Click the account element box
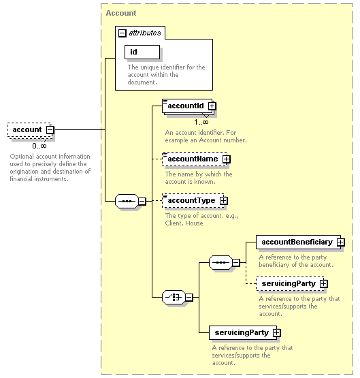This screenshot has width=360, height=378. coord(30,129)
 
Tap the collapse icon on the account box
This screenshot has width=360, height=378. coord(50,129)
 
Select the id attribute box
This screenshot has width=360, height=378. coord(142,52)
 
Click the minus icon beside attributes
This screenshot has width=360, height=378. coord(122,33)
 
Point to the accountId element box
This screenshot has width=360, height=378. coord(187,106)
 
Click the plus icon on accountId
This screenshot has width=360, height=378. coord(212,106)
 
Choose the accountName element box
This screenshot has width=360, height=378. coord(195,159)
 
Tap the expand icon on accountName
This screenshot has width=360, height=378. coord(227,159)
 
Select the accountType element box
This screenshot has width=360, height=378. coord(193,200)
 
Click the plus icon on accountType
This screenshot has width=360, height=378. coord(224,200)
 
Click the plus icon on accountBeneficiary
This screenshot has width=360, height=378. coord(341,242)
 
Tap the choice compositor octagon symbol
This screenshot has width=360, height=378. coord(174,297)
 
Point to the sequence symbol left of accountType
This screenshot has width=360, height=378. coord(127,201)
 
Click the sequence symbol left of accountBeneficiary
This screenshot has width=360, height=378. coord(220,262)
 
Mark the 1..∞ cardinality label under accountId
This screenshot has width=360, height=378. coord(201,122)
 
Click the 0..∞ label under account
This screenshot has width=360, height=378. coord(39,146)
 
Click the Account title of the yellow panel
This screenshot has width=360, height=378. coord(121,13)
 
